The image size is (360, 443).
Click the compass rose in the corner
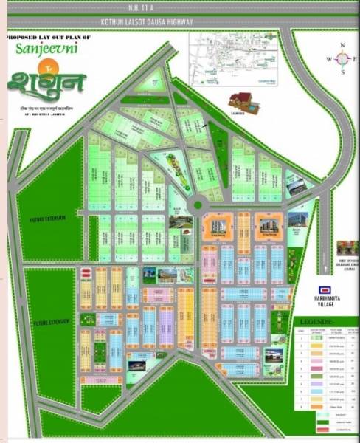(x=342, y=59)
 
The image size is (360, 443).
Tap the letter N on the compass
(x=342, y=46)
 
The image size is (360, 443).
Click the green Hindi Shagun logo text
(x=47, y=80)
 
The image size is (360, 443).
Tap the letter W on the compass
(x=329, y=59)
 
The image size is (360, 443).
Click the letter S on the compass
(x=342, y=72)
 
